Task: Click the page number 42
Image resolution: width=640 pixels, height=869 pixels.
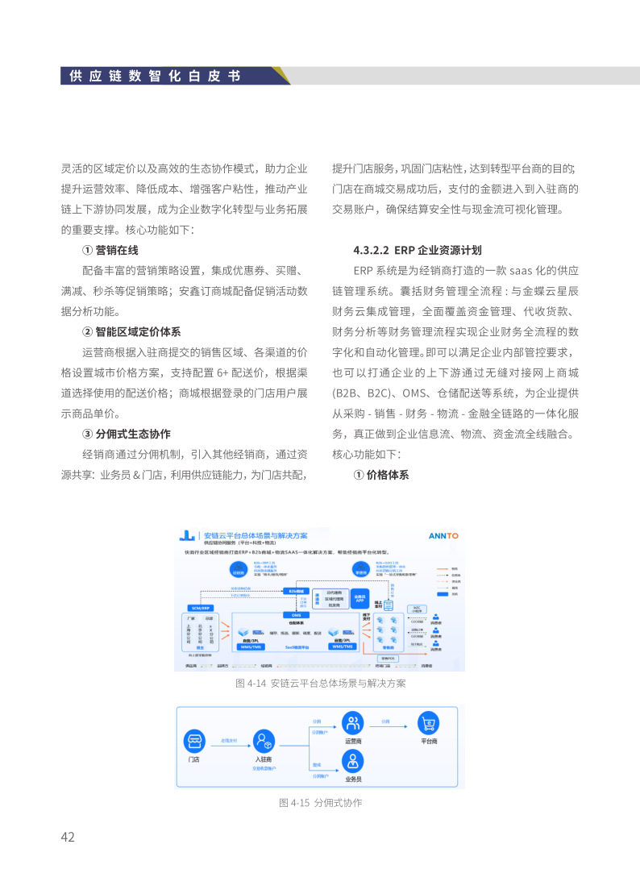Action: pos(68,837)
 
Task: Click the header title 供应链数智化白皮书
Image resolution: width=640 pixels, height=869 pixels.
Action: pos(155,77)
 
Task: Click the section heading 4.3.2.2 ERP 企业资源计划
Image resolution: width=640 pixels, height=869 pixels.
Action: pos(418,250)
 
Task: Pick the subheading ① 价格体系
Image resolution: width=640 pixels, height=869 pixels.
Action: pos(381,475)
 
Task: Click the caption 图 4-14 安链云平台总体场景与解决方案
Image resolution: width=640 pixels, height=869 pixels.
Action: pos(320,683)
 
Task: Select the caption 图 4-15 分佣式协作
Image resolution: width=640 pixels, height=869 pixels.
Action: pos(320,802)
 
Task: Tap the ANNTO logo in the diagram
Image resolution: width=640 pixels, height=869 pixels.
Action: pos(443,535)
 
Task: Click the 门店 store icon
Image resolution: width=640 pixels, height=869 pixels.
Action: pos(194,741)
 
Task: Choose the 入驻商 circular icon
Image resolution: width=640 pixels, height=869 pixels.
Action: pos(263,741)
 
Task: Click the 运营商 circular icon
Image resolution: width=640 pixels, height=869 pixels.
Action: pos(352,723)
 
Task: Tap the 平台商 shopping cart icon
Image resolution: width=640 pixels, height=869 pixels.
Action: pos(428,723)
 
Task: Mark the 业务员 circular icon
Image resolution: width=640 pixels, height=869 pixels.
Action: pos(352,760)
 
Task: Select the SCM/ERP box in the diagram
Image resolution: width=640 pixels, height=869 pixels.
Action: pos(199,607)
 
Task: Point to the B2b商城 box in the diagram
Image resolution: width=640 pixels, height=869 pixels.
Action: pos(296,591)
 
